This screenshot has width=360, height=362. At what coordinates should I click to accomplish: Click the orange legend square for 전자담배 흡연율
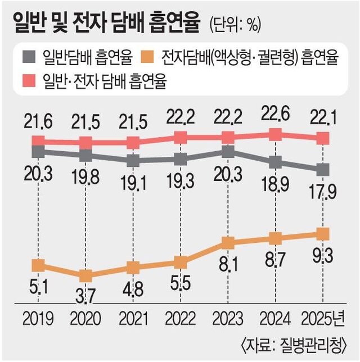pyautogui.click(x=150, y=57)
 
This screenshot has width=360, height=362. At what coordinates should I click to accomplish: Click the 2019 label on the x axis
pyautogui.click(x=38, y=320)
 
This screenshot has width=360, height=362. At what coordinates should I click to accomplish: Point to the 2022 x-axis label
pyautogui.click(x=181, y=320)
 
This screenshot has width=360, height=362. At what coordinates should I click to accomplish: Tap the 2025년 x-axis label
pyautogui.click(x=325, y=320)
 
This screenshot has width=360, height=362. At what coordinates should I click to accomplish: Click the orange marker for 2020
pyautogui.click(x=85, y=275)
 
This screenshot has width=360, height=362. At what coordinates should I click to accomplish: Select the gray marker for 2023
pyautogui.click(x=228, y=151)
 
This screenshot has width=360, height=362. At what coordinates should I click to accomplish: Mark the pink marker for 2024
pyautogui.click(x=275, y=134)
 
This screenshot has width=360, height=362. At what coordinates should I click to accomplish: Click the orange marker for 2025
pyautogui.click(x=322, y=233)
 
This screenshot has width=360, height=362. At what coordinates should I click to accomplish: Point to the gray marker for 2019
pyautogui.click(x=38, y=151)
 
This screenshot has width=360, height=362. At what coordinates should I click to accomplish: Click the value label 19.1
pyautogui.click(x=133, y=183)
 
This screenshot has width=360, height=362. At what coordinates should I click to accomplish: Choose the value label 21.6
pyautogui.click(x=38, y=119)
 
